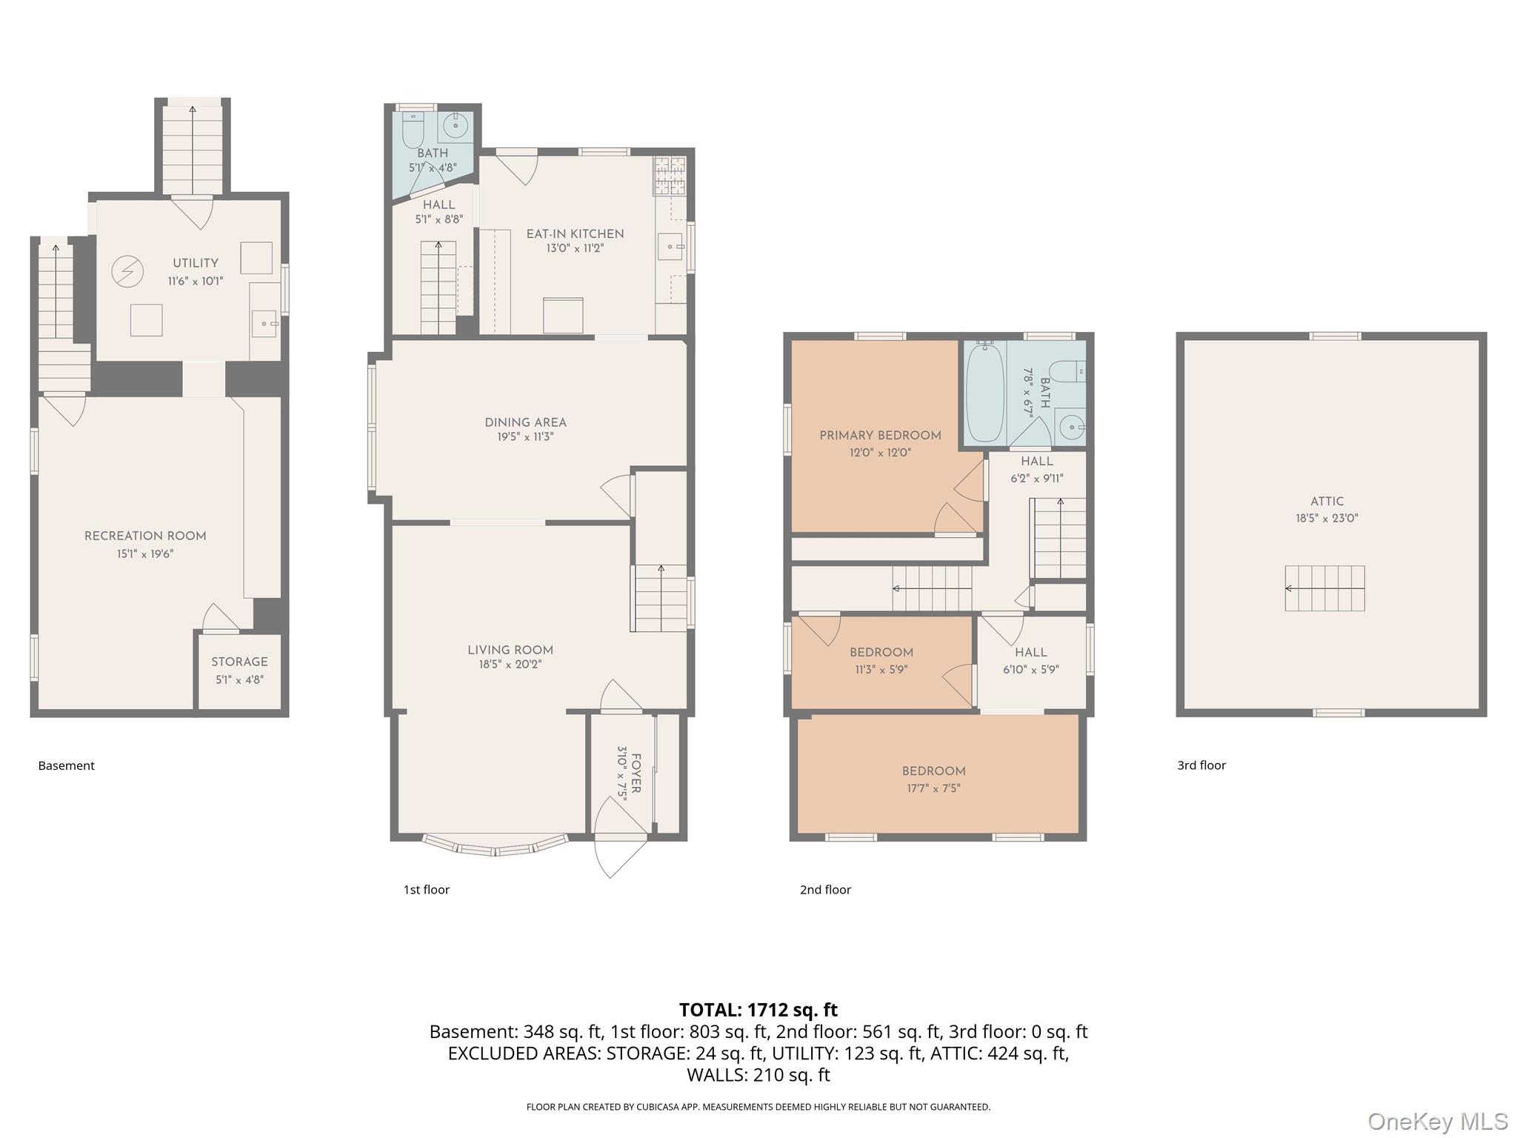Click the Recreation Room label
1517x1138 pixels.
[x=145, y=536]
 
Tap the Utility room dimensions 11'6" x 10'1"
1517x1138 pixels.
[x=196, y=281]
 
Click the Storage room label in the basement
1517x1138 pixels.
[x=239, y=662]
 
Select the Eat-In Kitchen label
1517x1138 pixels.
[x=576, y=233]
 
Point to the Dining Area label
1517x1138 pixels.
[x=526, y=422]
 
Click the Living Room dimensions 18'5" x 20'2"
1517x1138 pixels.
[x=510, y=665]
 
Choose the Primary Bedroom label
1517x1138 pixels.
[x=881, y=435]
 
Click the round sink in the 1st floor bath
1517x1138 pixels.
[x=456, y=126]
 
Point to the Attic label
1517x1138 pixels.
[x=1327, y=502]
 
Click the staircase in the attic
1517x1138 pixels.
[x=1325, y=588]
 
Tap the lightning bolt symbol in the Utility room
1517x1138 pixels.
[x=127, y=272]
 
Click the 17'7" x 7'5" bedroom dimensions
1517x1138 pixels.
[x=934, y=788]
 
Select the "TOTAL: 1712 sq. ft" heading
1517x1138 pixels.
[x=758, y=1010]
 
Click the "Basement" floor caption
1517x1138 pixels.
[x=67, y=765]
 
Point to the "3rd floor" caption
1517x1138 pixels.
[x=1201, y=765]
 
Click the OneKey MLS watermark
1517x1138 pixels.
[x=1438, y=1122]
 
